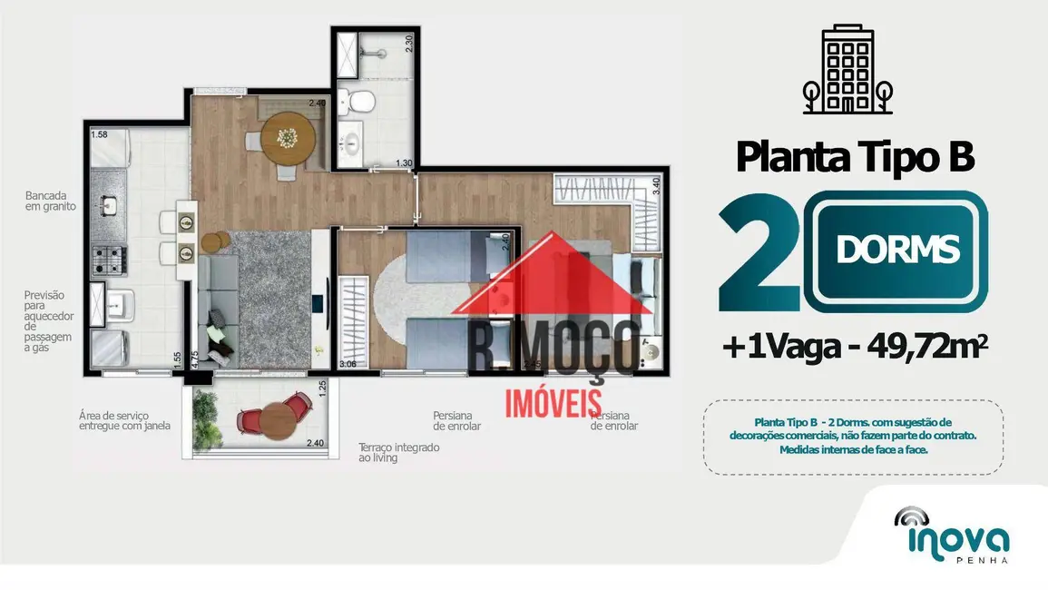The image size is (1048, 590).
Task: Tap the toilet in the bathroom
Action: [360, 102]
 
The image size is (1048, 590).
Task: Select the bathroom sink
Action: [351, 143]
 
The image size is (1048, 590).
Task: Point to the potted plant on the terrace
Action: [204, 411]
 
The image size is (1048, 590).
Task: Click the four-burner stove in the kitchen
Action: [108, 260]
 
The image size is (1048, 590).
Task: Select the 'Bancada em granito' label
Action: [50, 201]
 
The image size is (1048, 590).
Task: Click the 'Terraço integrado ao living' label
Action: [398, 452]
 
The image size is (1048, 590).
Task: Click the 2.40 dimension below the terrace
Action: [315, 443]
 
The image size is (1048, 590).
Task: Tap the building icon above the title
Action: [847, 70]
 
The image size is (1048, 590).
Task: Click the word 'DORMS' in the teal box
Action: [897, 249]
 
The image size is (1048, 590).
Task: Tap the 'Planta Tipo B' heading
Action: [854, 156]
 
